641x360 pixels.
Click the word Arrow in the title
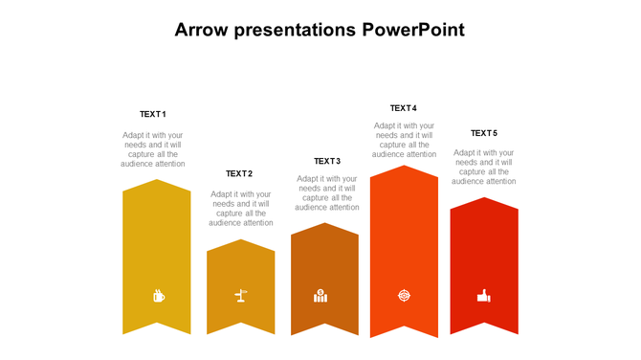tap(202, 30)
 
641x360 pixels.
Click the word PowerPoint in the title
tap(414, 30)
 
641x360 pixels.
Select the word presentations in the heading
tap(297, 30)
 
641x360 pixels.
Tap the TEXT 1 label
tap(153, 114)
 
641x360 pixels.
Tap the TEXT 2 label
tap(239, 173)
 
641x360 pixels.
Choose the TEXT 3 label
tap(327, 161)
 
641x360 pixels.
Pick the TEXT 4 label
tap(404, 108)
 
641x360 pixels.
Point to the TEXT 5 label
tap(484, 133)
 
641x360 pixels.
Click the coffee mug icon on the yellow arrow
tap(158, 296)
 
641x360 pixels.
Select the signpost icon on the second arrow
tap(241, 297)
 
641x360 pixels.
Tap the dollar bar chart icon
tap(320, 296)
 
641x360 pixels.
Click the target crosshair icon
tap(404, 297)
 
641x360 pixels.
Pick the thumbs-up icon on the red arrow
tap(484, 297)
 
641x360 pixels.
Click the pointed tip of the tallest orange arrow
tap(405, 167)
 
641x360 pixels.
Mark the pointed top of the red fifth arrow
tap(484, 199)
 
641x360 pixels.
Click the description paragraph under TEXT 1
tap(153, 149)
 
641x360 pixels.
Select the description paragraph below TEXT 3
tap(327, 192)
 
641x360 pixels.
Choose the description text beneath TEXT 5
tap(484, 167)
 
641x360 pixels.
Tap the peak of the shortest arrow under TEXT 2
tap(241, 240)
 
